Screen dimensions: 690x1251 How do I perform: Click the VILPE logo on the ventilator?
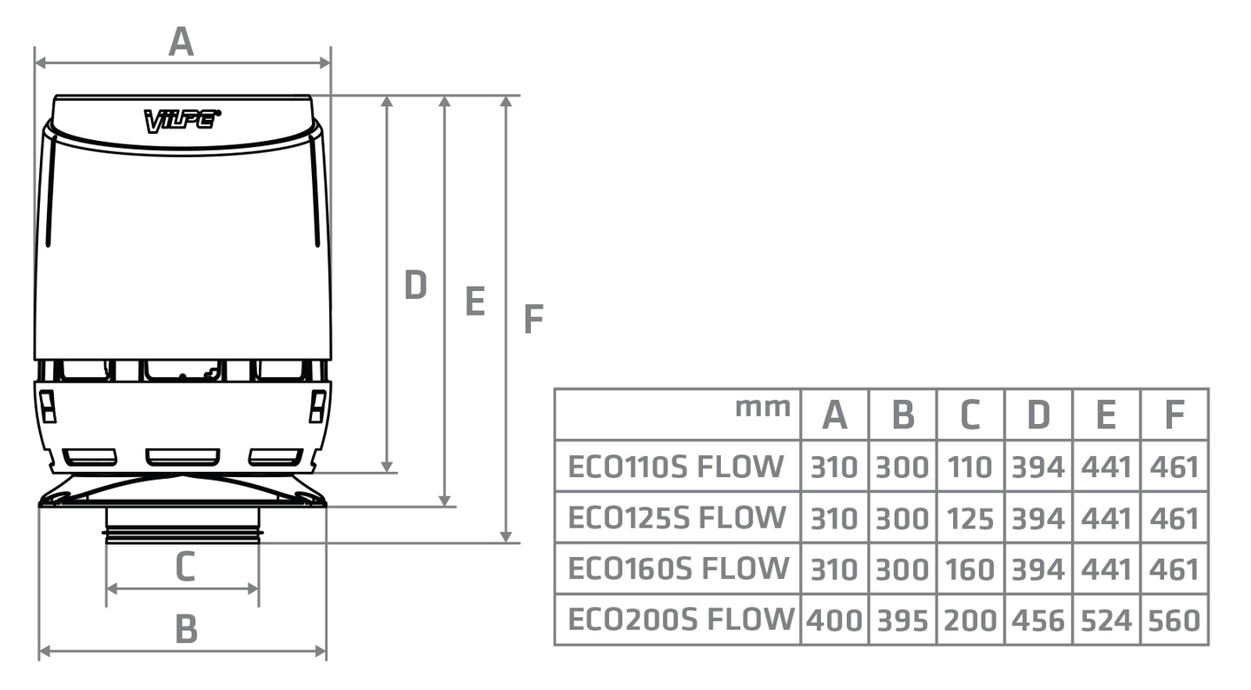pos(182,120)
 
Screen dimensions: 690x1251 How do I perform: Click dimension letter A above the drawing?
pos(181,41)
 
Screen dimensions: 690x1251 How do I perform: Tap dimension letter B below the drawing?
pos(186,628)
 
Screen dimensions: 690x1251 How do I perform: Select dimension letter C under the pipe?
pos(184,567)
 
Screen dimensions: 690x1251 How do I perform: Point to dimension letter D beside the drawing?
pos(415,285)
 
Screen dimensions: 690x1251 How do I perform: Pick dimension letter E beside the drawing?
pos(474,302)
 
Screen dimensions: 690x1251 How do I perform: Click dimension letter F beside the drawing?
pos(533,320)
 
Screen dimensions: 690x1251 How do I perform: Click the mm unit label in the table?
pos(763,406)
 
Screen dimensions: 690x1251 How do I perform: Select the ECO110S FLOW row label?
pos(675,467)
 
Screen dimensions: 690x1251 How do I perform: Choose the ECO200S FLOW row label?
pos(680,620)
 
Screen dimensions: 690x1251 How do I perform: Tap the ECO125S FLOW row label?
pos(676,518)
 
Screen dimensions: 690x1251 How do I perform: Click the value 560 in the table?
pos(1174,620)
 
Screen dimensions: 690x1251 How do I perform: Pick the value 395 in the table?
pos(902,620)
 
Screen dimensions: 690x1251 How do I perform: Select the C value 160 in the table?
pos(970,569)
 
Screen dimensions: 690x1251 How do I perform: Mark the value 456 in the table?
pos(1038,620)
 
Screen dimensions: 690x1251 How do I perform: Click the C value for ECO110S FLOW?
pos(970,468)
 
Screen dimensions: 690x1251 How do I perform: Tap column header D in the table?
pos(1038,415)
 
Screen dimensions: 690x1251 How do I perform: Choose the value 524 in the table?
pos(1106,620)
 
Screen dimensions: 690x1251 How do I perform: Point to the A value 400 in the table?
pos(834,620)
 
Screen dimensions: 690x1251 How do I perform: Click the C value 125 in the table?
pos(970,519)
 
